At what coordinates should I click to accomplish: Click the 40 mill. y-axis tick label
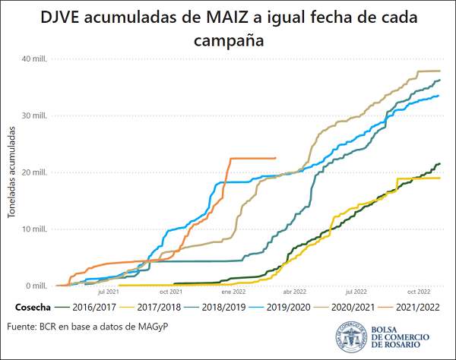tap(35, 59)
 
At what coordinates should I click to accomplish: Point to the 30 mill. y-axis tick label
tap(35, 116)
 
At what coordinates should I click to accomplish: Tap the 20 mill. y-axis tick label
tap(35, 172)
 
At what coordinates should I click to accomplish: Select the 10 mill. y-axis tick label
tap(35, 229)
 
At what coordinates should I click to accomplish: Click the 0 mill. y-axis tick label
tap(37, 286)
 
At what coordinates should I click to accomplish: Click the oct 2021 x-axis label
tap(170, 292)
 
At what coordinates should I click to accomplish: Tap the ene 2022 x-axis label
tap(233, 292)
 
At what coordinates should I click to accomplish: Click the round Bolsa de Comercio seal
tap(351, 336)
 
